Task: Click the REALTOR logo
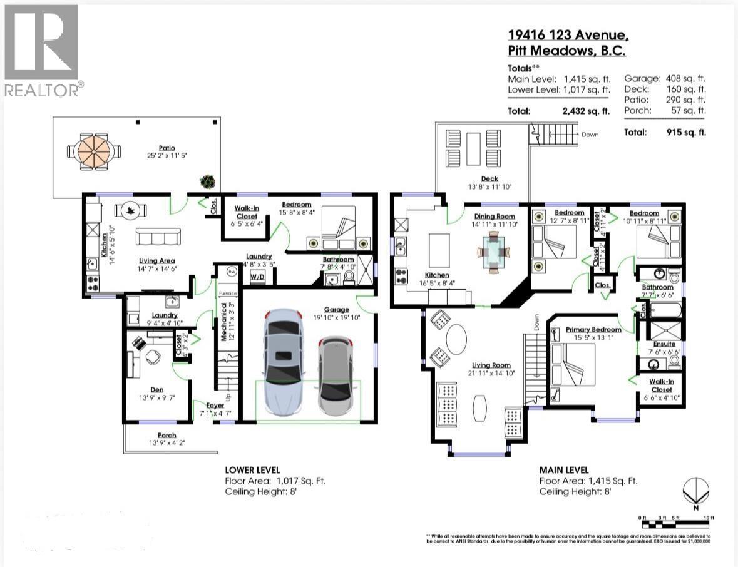point(41,50)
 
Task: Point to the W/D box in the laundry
point(257,276)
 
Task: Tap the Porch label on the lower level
point(167,435)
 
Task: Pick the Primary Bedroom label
point(593,330)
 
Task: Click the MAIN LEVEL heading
point(563,469)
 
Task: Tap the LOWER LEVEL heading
point(252,469)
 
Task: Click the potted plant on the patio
point(207,181)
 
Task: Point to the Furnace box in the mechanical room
point(227,292)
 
